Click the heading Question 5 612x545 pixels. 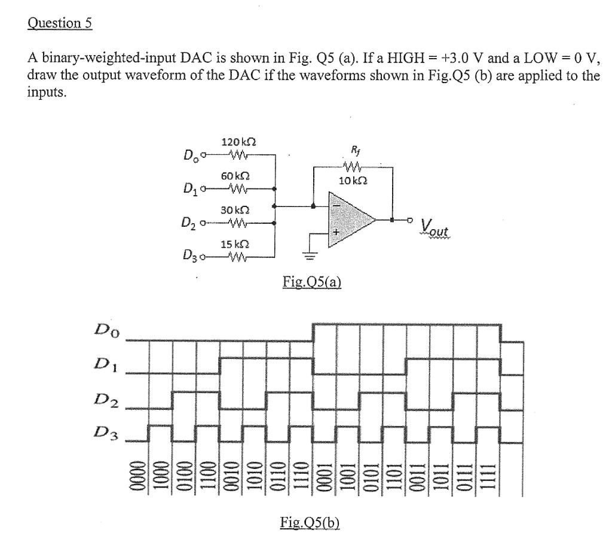(60, 23)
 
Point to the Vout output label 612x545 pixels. (437, 227)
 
